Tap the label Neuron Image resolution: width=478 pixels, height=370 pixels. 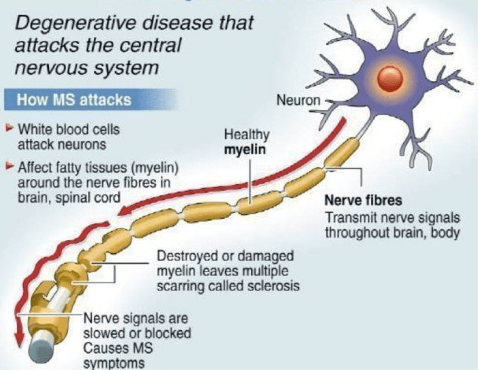[298, 100]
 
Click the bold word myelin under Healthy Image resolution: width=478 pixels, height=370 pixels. [245, 150]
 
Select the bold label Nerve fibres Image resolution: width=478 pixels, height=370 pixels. [363, 200]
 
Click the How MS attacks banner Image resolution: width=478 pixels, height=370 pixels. [74, 100]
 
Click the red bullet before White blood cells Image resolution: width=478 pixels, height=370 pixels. [10, 129]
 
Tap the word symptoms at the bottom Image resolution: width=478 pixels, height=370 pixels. [113, 364]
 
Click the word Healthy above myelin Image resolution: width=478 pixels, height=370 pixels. [247, 135]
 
